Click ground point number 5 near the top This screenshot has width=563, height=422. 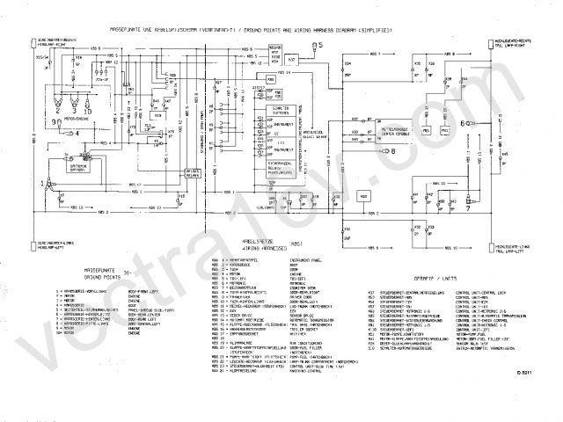coord(320,43)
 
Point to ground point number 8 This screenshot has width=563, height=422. coord(391,151)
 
